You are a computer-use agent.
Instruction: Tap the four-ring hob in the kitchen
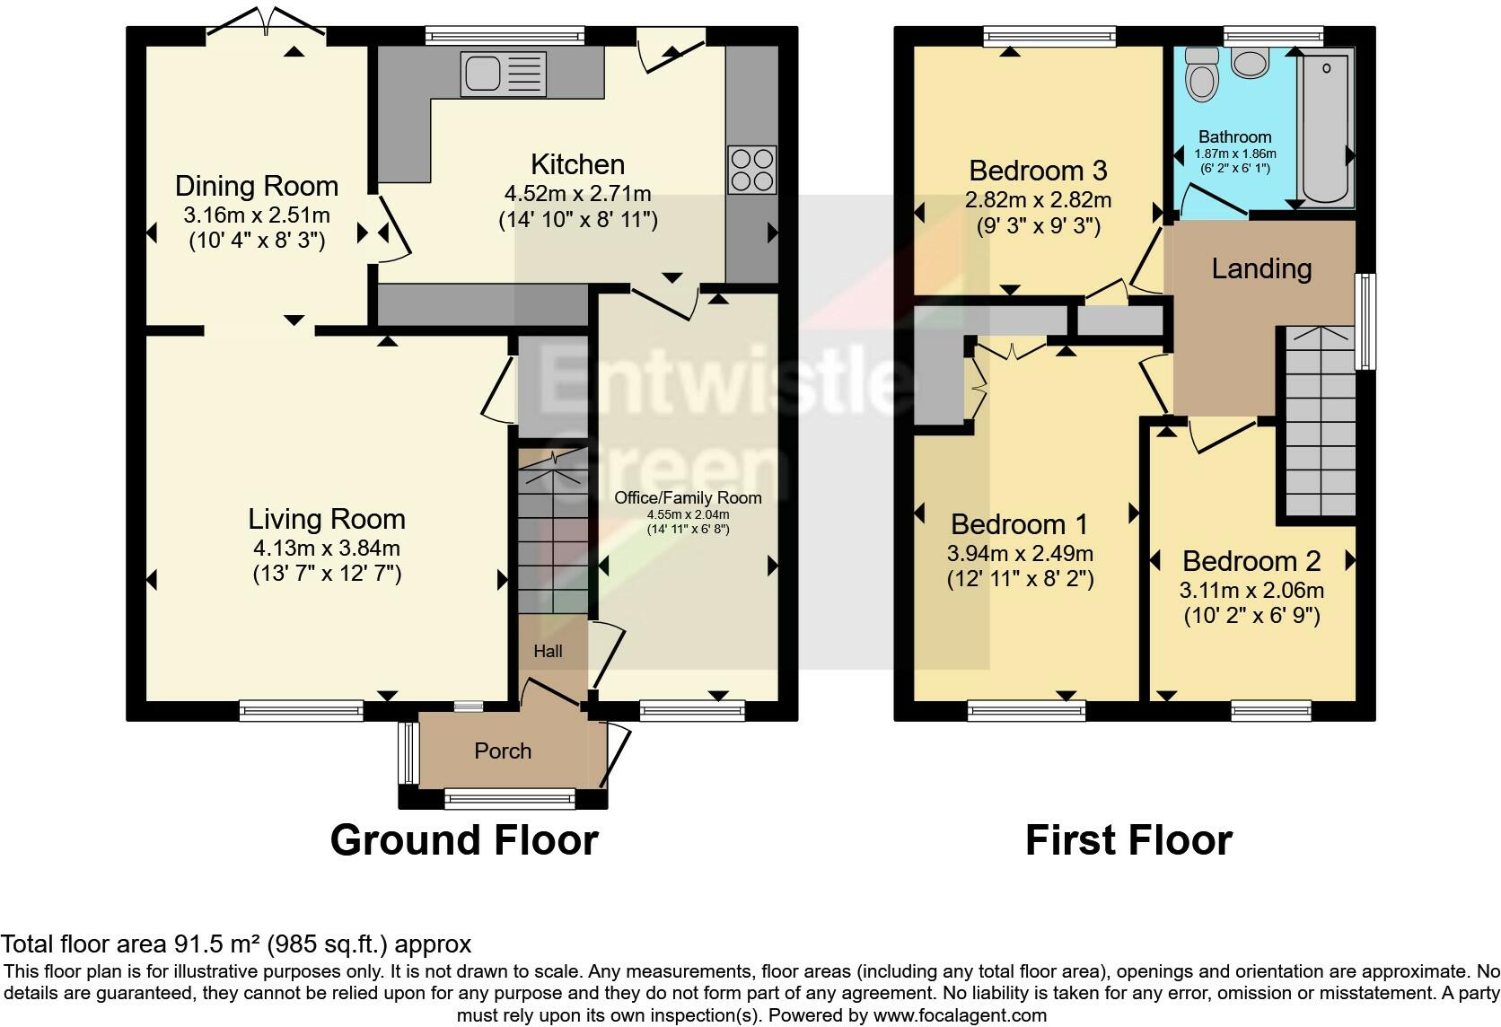[752, 170]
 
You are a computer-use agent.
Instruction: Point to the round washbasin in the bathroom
[1249, 62]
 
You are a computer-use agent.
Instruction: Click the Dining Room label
[257, 186]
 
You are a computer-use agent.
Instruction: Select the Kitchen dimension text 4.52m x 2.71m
[577, 194]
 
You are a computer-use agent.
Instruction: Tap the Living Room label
[327, 519]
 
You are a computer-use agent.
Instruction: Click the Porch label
[503, 750]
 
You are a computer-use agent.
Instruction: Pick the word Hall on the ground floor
[548, 651]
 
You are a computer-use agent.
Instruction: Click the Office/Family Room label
[688, 497]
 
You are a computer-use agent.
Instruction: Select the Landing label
[1261, 268]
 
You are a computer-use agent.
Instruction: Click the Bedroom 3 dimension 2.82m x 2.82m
[1038, 199]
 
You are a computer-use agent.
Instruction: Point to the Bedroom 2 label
[1251, 561]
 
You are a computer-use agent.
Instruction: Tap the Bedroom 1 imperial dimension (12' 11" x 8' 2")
[1020, 580]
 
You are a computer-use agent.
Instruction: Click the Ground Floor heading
[464, 840]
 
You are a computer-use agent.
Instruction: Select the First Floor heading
[1128, 840]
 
